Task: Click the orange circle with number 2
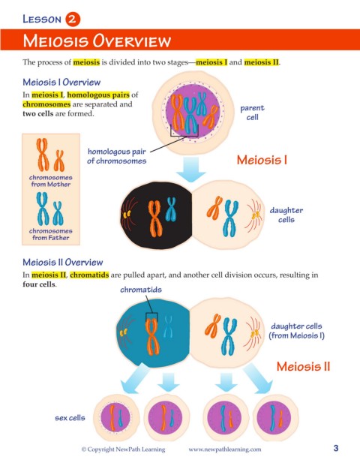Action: click(73, 20)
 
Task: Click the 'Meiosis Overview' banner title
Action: click(97, 41)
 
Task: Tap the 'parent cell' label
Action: click(252, 113)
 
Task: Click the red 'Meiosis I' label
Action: click(262, 160)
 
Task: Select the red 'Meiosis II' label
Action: click(303, 366)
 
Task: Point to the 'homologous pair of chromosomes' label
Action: click(117, 156)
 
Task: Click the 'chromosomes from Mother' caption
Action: click(51, 181)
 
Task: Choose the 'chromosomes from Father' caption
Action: click(51, 234)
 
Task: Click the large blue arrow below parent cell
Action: click(190, 169)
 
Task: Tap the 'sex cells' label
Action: click(70, 418)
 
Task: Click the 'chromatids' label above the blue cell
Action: click(141, 290)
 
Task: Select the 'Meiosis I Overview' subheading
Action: click(61, 82)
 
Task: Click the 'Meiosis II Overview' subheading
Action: click(63, 262)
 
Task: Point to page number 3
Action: click(336, 448)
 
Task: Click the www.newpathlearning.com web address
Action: click(225, 449)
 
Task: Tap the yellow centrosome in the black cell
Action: click(127, 215)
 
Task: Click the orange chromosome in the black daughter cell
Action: click(155, 218)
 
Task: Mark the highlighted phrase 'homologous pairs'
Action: click(98, 95)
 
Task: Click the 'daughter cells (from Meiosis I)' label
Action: click(296, 331)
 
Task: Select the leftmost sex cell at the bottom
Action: click(115, 417)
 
